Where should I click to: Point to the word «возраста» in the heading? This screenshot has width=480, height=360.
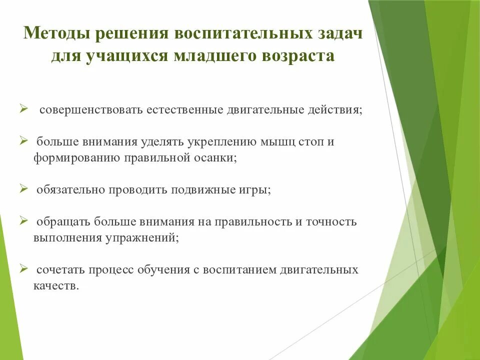click(x=296, y=55)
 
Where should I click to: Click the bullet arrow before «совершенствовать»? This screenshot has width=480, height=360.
click(x=23, y=108)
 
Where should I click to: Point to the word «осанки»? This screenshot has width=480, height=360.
click(x=218, y=157)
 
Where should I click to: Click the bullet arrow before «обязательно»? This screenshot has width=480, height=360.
click(x=23, y=189)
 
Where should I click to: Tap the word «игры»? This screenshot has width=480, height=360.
click(x=252, y=190)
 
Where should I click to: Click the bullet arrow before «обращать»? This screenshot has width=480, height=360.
click(x=23, y=220)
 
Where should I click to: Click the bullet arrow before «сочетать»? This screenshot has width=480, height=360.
click(x=23, y=268)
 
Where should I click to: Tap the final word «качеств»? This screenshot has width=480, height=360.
click(x=56, y=286)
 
